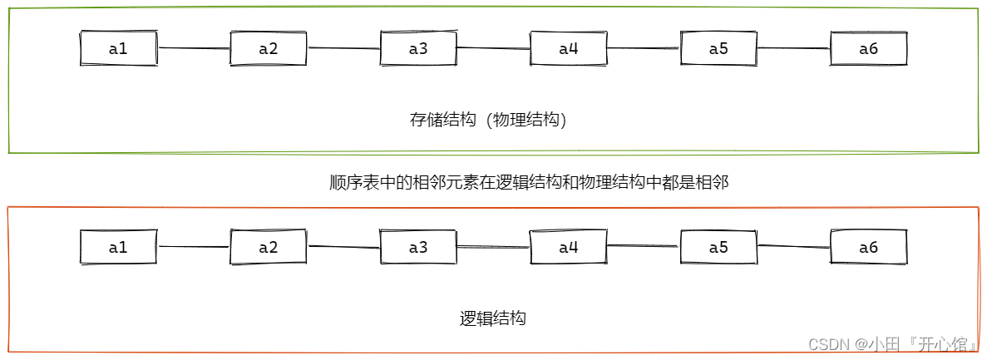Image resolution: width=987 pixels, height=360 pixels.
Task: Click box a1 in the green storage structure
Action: point(118,49)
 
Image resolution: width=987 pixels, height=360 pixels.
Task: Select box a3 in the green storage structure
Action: point(418,49)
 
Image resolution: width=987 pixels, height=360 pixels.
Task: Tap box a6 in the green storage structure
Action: point(868,49)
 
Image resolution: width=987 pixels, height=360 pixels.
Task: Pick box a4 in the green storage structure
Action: point(568,49)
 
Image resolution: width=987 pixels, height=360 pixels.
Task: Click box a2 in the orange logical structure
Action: point(268,247)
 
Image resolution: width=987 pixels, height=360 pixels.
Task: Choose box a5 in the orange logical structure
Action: point(718,247)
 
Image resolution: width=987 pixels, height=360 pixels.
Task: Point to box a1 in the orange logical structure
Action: point(118,247)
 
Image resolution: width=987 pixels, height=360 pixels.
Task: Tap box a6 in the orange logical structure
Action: point(868,247)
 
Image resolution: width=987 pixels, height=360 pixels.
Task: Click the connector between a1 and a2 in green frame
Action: point(193,48)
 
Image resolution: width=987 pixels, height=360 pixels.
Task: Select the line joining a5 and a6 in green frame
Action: point(793,48)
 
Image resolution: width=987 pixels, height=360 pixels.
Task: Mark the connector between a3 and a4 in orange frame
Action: point(493,247)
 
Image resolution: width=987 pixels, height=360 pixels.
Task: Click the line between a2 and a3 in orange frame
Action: point(343,247)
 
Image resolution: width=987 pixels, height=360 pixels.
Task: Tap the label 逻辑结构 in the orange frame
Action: point(492,318)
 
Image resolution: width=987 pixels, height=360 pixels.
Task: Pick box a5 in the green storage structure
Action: point(718,49)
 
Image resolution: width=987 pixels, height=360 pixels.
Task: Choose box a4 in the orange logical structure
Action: point(568,247)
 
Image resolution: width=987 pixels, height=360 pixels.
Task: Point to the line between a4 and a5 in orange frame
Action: point(644,246)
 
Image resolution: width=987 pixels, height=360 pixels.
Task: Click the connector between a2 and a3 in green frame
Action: point(343,48)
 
